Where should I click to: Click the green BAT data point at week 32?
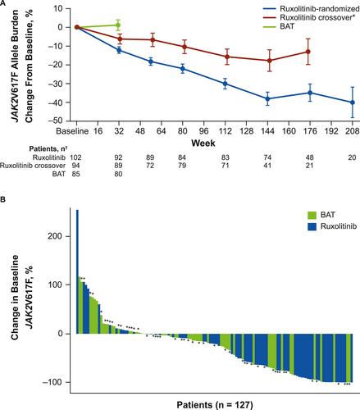pyautogui.click(x=118, y=25)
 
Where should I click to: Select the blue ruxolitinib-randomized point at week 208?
pyautogui.click(x=353, y=102)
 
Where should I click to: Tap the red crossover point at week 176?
pyautogui.click(x=308, y=52)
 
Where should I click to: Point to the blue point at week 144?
pyautogui.click(x=268, y=98)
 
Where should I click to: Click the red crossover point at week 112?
pyautogui.click(x=226, y=57)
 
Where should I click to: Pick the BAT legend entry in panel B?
pyautogui.click(x=321, y=215)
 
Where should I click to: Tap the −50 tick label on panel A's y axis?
pyautogui.click(x=56, y=121)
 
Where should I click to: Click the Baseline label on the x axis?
pyautogui.click(x=72, y=131)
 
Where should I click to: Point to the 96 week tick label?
pyautogui.click(x=204, y=131)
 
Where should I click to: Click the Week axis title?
pyautogui.click(x=203, y=143)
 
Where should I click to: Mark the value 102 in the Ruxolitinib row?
pyautogui.click(x=75, y=157)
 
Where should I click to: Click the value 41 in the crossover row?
pyautogui.click(x=267, y=166)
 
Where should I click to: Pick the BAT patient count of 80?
pyautogui.click(x=118, y=174)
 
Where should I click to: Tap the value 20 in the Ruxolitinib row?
pyautogui.click(x=352, y=157)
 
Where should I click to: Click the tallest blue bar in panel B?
pyautogui.click(x=77, y=271)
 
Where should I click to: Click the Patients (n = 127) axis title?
pyautogui.click(x=215, y=404)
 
